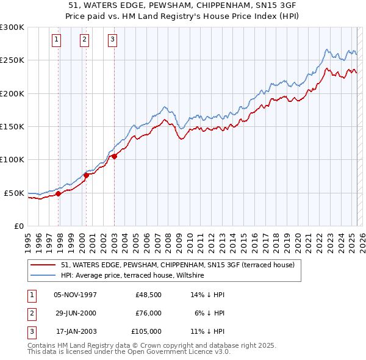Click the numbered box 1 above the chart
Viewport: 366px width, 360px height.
point(56,40)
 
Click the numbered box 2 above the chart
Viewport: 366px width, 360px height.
point(84,40)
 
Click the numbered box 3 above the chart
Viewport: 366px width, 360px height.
point(113,40)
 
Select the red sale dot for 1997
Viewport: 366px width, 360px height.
point(59,194)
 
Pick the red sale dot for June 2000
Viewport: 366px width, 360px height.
point(86,176)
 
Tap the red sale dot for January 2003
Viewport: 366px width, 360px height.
point(114,157)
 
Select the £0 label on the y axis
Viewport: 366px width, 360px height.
point(18,226)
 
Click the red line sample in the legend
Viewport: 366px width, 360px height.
point(43,265)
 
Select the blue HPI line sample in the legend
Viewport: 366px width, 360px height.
point(43,276)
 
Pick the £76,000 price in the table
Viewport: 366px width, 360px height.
point(148,313)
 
